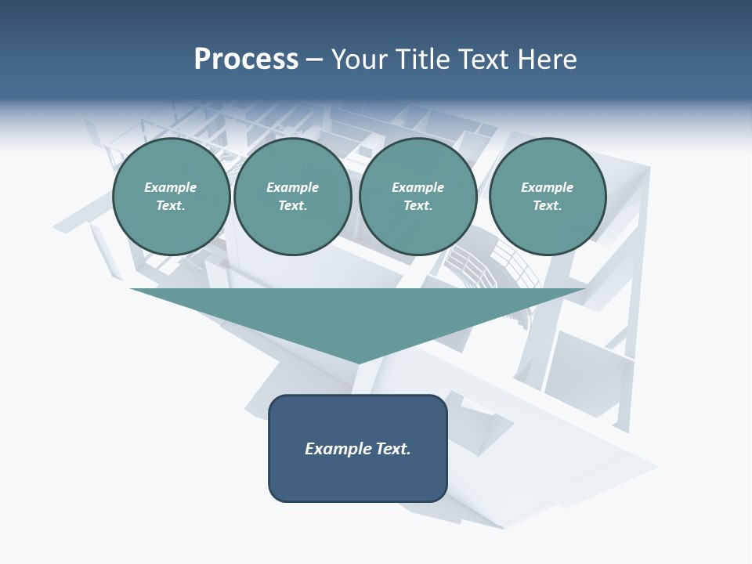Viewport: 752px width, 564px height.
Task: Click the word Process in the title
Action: (246, 60)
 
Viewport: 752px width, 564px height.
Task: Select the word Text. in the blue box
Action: (394, 449)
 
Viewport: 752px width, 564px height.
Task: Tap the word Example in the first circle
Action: (171, 187)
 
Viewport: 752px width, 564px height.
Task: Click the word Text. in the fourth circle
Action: (547, 205)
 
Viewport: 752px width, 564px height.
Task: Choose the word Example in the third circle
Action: (418, 187)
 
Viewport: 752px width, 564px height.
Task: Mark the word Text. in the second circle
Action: (292, 205)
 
